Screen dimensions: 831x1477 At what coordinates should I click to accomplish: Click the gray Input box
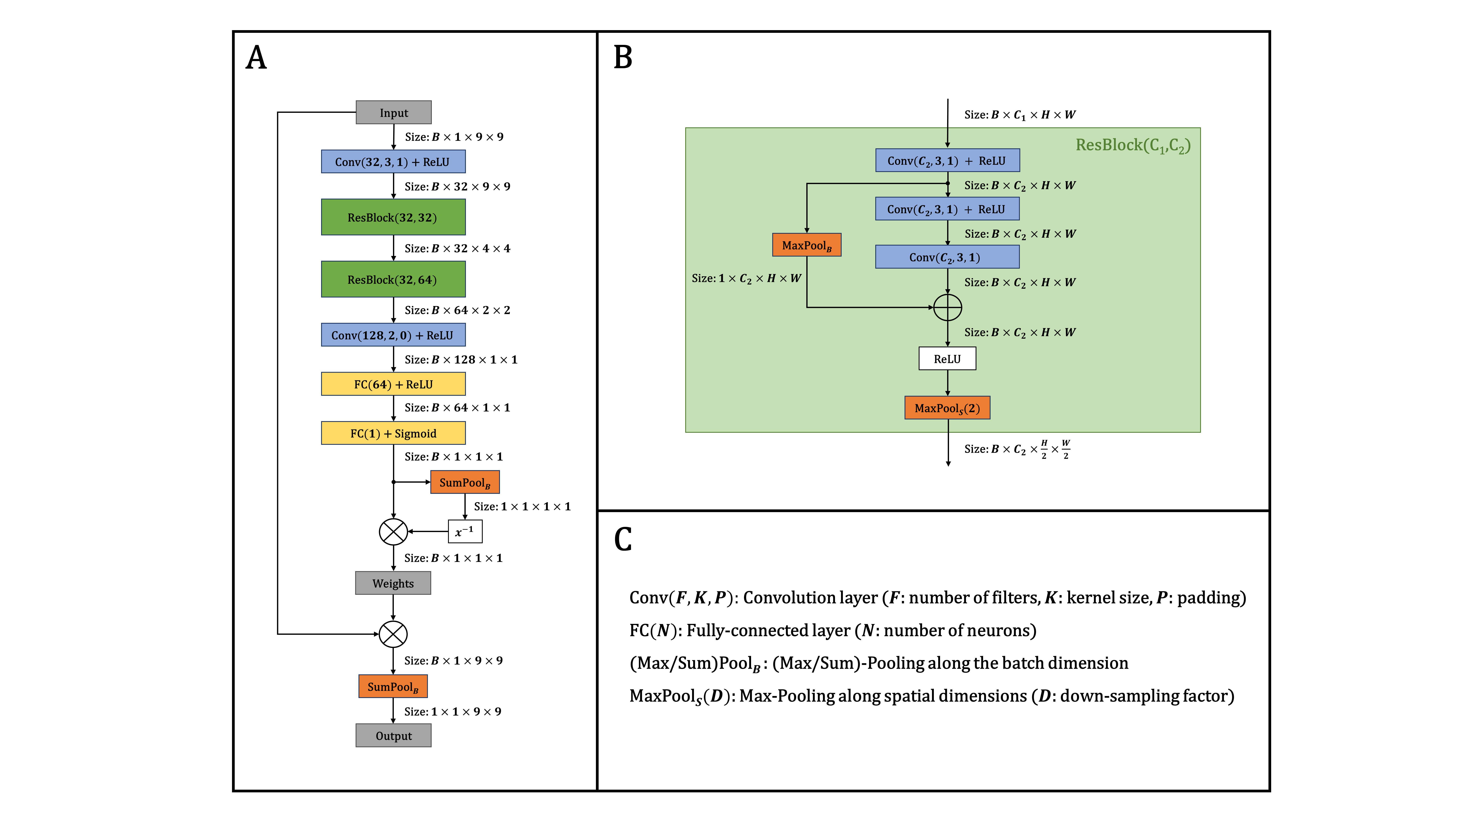393,112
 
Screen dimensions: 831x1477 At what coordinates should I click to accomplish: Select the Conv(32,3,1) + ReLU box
393,162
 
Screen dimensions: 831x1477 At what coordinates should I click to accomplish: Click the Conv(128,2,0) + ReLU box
393,335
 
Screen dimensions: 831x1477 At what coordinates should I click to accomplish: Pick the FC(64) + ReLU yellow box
393,384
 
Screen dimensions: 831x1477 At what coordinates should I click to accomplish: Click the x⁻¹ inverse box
464,532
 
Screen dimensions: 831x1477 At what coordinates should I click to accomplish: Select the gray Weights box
393,583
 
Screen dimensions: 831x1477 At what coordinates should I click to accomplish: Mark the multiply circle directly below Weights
393,634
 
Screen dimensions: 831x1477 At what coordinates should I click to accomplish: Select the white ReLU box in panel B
947,358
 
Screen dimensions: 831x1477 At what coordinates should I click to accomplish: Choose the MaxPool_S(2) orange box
947,408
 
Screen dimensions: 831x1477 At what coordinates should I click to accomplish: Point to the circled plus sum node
947,307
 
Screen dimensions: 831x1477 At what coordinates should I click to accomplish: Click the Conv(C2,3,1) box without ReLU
947,257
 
